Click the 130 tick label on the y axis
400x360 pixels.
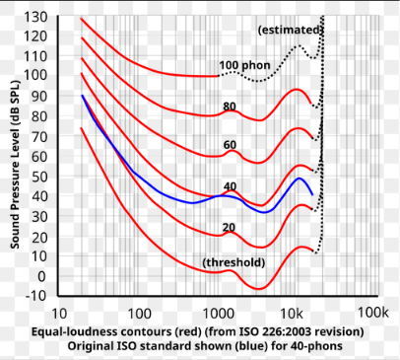[35, 17]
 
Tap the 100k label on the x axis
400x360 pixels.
[372, 313]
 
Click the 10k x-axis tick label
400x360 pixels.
[292, 314]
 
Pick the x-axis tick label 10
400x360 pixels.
[59, 314]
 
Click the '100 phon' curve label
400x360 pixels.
[244, 65]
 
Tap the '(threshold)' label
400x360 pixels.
[233, 262]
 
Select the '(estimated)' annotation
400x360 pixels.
[289, 31]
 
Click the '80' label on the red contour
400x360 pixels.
[230, 107]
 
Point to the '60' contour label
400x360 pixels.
[230, 145]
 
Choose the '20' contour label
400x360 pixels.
[229, 227]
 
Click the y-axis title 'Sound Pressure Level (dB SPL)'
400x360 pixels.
[15, 165]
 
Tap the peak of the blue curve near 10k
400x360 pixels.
[299, 179]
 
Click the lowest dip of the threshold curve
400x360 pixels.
[258, 289]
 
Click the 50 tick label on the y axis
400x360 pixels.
[39, 177]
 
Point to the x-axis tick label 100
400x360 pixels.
[139, 314]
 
